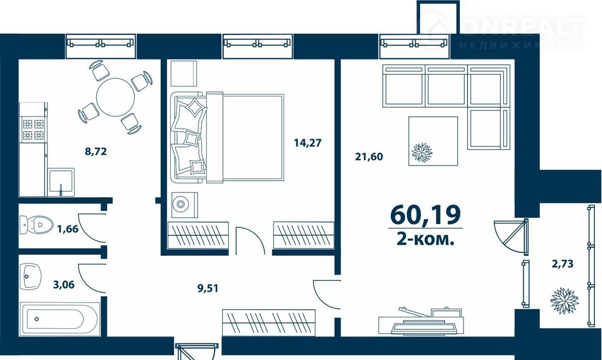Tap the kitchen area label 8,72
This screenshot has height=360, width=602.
(96, 152)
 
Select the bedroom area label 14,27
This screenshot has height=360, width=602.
(308, 143)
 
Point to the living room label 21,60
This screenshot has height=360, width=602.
(369, 157)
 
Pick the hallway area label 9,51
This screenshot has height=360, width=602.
(208, 288)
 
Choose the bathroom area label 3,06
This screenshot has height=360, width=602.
(63, 284)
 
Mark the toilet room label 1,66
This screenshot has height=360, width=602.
(68, 229)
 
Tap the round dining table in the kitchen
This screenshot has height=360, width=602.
(115, 97)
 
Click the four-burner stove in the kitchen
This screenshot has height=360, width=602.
(33, 129)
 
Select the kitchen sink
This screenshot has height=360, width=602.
(61, 182)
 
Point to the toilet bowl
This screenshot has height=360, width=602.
(37, 224)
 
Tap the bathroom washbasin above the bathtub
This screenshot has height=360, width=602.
(31, 276)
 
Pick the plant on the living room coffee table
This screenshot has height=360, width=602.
(422, 152)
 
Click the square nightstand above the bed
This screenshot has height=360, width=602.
(184, 73)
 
